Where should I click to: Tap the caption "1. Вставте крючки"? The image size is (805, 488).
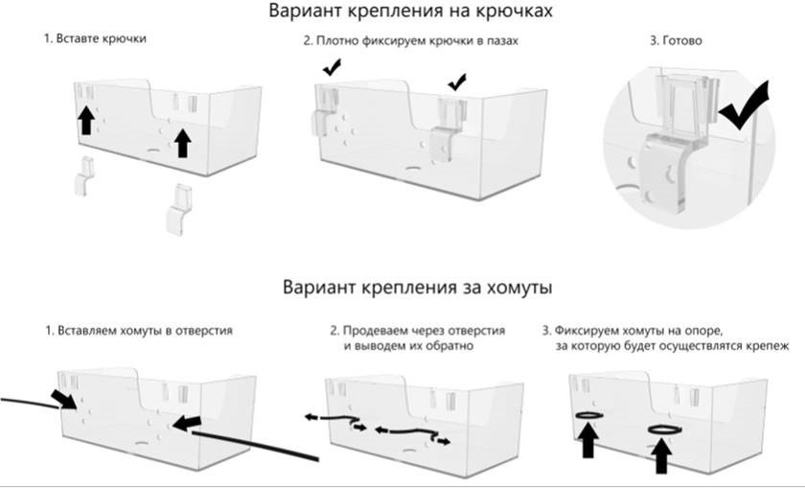point(94,39)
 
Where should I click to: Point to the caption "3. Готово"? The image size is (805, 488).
point(677,41)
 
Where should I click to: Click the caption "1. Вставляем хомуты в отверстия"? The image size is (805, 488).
point(138,331)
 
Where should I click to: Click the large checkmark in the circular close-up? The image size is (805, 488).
point(749,108)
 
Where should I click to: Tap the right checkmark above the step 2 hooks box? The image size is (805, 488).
point(457,81)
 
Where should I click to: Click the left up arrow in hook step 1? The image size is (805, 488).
point(85,120)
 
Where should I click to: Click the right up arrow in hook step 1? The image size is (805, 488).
point(182,143)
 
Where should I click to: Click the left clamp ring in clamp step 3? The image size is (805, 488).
point(588,414)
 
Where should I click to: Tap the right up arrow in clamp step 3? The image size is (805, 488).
point(661,455)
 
